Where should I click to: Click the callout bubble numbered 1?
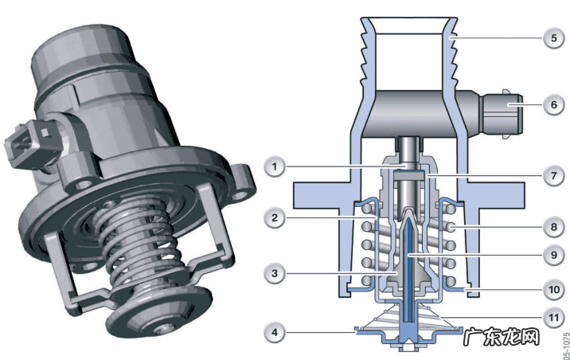pyautogui.click(x=275, y=167)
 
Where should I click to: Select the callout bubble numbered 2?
pyautogui.click(x=275, y=217)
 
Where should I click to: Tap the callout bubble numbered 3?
pyautogui.click(x=275, y=273)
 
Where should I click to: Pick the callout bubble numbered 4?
pyautogui.click(x=275, y=332)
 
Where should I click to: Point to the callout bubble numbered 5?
pyautogui.click(x=553, y=37)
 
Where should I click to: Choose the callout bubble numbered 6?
pyautogui.click(x=553, y=104)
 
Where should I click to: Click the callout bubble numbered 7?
pyautogui.click(x=553, y=176)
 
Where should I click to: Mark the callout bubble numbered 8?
pyautogui.click(x=553, y=227)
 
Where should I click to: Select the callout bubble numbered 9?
pyautogui.click(x=553, y=255)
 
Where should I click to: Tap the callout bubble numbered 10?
pyautogui.click(x=553, y=290)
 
